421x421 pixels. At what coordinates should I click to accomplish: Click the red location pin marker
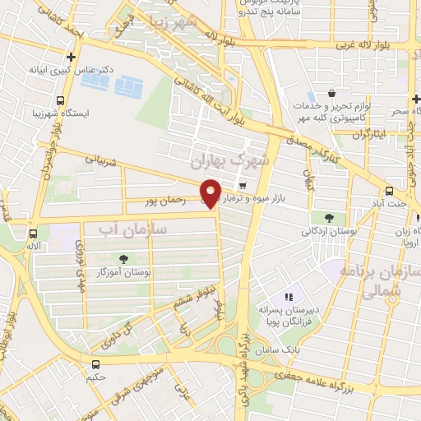click(211, 192)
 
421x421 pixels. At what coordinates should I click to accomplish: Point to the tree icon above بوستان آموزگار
click(123, 258)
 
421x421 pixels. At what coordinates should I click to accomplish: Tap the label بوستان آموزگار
click(123, 271)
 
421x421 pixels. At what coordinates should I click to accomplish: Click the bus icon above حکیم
click(96, 364)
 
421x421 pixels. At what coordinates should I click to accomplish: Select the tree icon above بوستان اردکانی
click(329, 218)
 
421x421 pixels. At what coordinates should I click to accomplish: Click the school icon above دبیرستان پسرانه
click(289, 297)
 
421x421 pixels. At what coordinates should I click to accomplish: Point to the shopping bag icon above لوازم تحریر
click(331, 93)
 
